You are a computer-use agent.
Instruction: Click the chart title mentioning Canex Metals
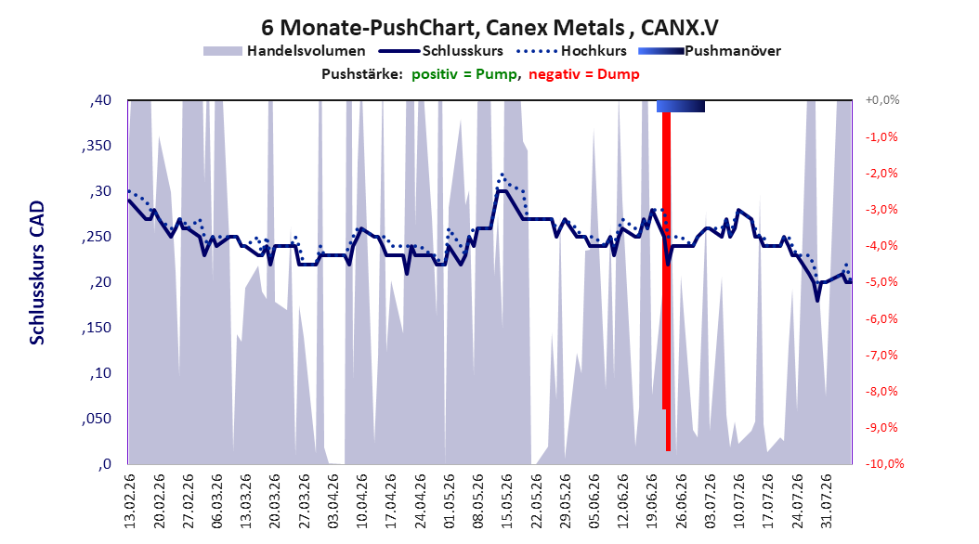489,28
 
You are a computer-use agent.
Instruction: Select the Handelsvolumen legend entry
285,51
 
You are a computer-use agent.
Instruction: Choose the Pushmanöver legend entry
710,51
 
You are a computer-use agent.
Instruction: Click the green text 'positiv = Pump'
464,74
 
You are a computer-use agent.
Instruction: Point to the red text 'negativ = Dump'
584,74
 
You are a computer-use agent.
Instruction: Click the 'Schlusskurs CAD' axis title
37,273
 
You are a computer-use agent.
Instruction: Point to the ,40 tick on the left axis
100,100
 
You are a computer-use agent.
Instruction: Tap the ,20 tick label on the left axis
100,282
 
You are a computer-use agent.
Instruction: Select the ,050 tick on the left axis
97,419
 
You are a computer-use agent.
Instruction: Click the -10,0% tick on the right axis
884,463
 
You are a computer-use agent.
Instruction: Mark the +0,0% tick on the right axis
882,100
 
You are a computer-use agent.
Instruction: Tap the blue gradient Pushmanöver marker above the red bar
681,106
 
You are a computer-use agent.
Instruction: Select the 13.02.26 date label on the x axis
130,501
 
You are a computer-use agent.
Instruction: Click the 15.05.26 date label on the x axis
507,501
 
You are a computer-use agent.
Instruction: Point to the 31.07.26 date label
827,501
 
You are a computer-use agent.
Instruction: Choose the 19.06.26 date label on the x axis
652,501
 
